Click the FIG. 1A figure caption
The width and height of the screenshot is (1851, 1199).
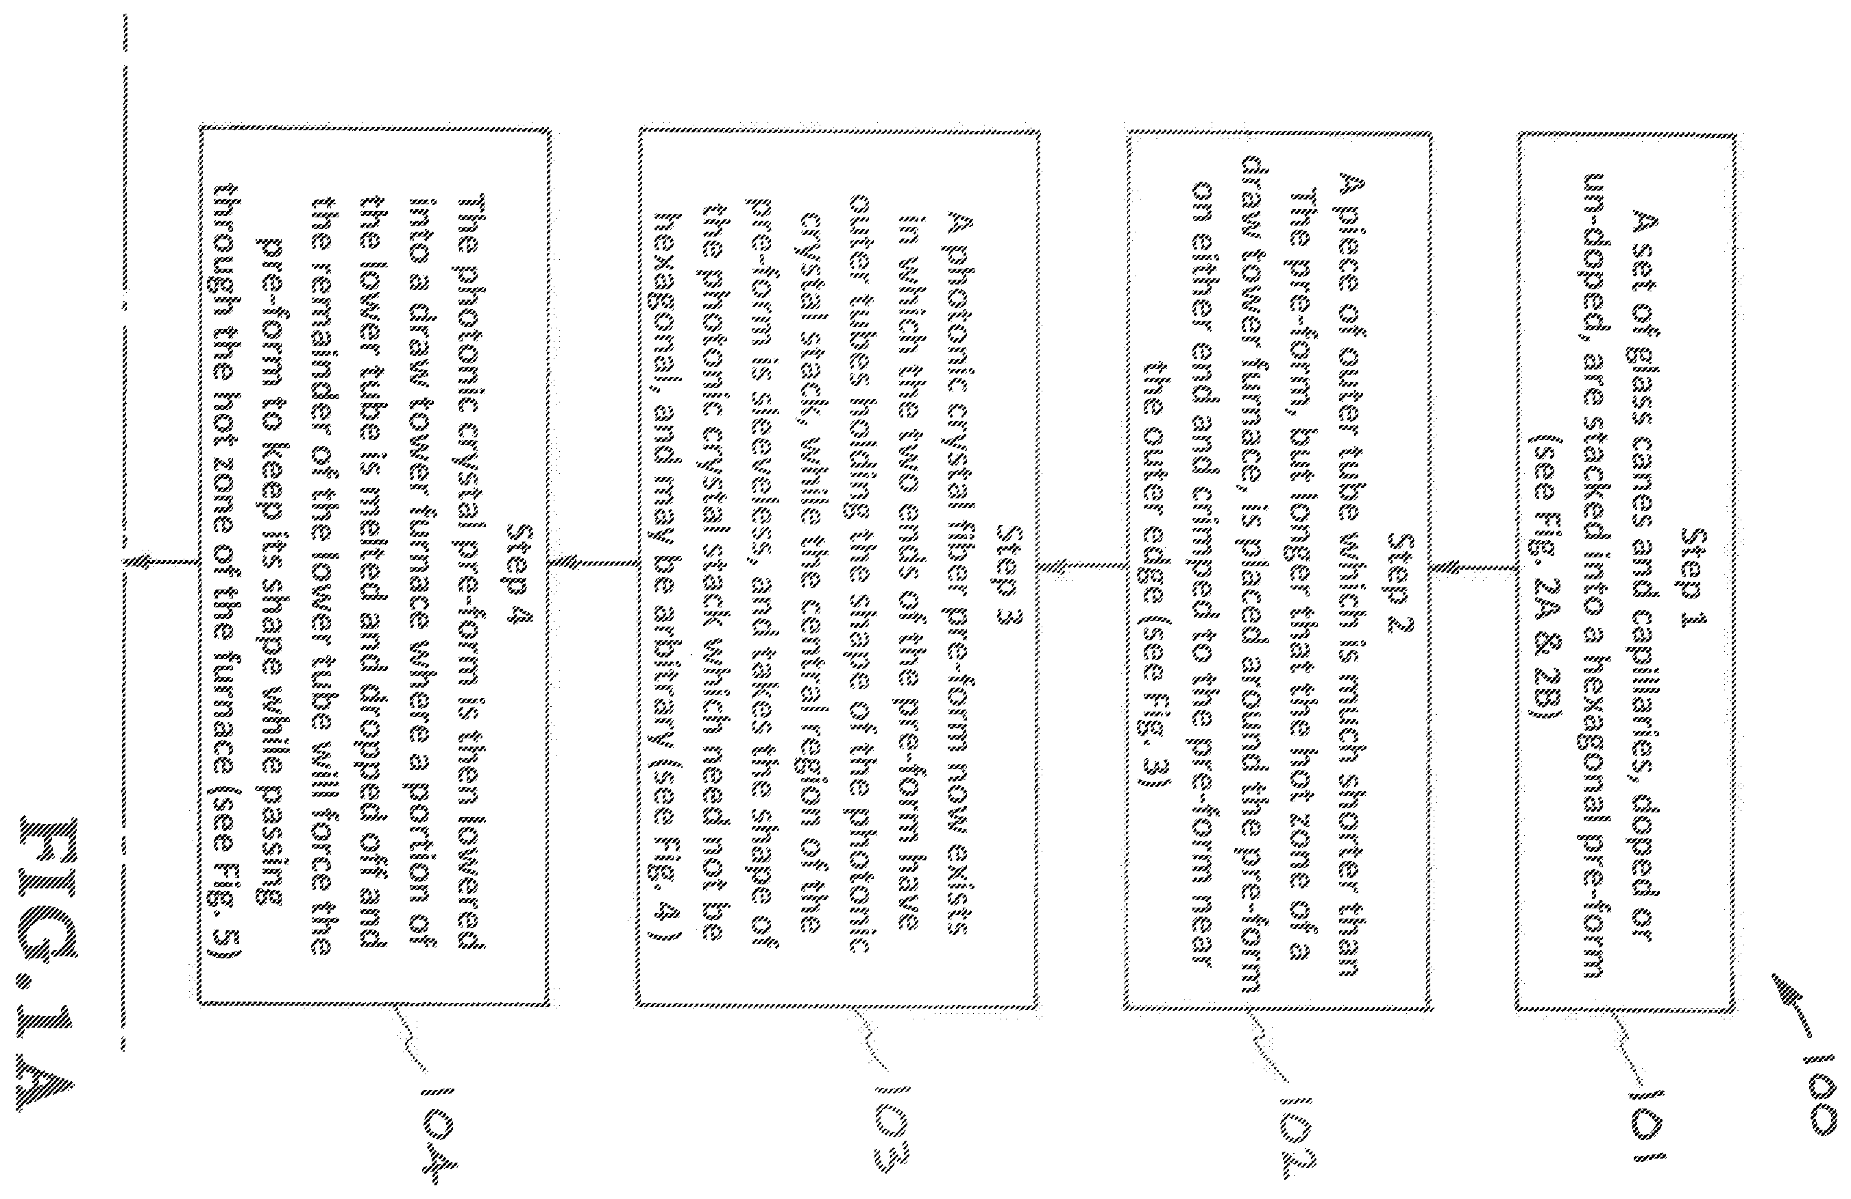tap(58, 958)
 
